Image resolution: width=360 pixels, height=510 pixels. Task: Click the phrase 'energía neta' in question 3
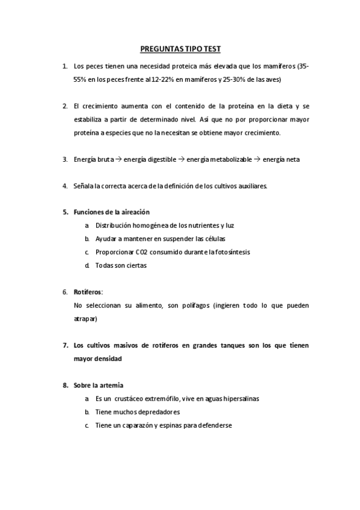[x=281, y=159]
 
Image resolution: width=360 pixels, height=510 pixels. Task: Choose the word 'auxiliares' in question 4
[x=251, y=186]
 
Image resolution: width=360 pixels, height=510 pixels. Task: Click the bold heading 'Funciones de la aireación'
[x=112, y=212]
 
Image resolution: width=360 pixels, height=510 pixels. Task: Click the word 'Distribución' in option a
[x=115, y=226]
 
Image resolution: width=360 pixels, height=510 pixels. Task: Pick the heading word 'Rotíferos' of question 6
[x=88, y=292]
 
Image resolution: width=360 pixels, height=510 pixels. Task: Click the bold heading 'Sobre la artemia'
[x=99, y=386]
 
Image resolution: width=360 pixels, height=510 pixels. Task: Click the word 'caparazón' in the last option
[x=136, y=425]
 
